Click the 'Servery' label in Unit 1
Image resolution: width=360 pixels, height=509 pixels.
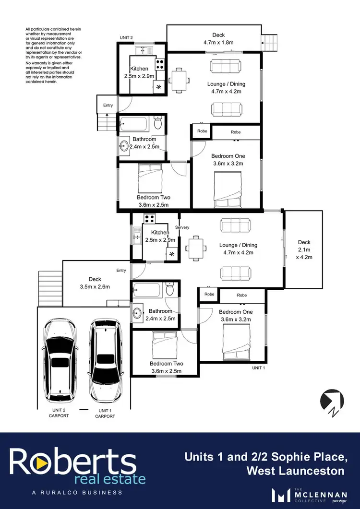coord(182,227)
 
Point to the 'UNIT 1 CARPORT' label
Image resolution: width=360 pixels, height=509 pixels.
coord(104,414)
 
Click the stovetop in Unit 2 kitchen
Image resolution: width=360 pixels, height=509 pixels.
coord(160,64)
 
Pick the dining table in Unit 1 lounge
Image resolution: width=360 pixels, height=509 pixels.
coord(196,248)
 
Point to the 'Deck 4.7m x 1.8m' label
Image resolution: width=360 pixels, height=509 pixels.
coord(219,38)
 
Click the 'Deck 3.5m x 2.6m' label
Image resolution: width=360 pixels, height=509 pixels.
coord(95,283)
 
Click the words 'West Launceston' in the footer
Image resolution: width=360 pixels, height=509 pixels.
coord(295,471)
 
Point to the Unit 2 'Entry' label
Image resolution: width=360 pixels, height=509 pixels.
coord(108,105)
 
